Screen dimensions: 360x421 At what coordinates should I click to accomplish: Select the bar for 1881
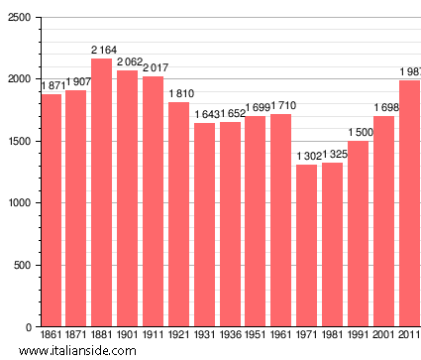coord(101,193)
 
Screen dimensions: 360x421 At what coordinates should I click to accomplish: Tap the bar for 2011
coord(409,203)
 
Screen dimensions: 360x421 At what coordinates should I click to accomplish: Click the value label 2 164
coord(103,50)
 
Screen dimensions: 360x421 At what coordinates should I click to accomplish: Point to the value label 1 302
coord(307,156)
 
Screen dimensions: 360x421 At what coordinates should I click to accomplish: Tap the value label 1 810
coord(180,94)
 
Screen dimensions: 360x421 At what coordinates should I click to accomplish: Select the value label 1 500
coord(359,132)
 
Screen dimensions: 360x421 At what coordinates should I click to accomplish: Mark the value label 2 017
coord(155,68)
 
